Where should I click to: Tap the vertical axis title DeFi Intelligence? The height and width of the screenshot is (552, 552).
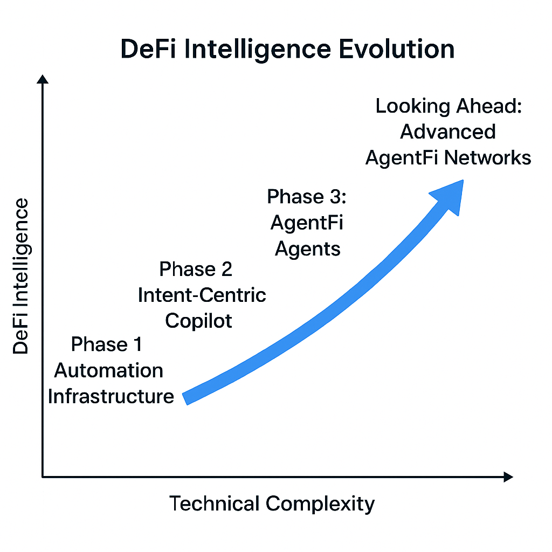pyautogui.click(x=22, y=276)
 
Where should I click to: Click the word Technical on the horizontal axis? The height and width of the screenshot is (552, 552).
pyautogui.click(x=215, y=503)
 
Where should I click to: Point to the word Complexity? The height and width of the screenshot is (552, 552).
pyautogui.click(x=320, y=503)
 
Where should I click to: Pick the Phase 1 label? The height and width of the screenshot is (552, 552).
pyautogui.click(x=107, y=344)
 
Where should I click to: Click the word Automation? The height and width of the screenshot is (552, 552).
pyautogui.click(x=109, y=370)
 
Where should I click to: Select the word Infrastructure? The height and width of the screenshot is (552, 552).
pyautogui.click(x=111, y=396)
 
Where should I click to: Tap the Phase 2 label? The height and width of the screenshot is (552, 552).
pyautogui.click(x=196, y=268)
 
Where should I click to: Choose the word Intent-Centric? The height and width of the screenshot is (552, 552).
pyautogui.click(x=202, y=295)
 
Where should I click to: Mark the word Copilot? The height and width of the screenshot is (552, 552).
pyautogui.click(x=199, y=321)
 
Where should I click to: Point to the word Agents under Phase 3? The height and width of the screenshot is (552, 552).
pyautogui.click(x=308, y=249)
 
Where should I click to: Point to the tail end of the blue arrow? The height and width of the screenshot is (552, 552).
pyautogui.click(x=187, y=398)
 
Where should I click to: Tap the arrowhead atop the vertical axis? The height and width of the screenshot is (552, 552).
pyautogui.click(x=43, y=79)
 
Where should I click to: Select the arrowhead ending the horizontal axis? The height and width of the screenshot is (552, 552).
pyautogui.click(x=507, y=477)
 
